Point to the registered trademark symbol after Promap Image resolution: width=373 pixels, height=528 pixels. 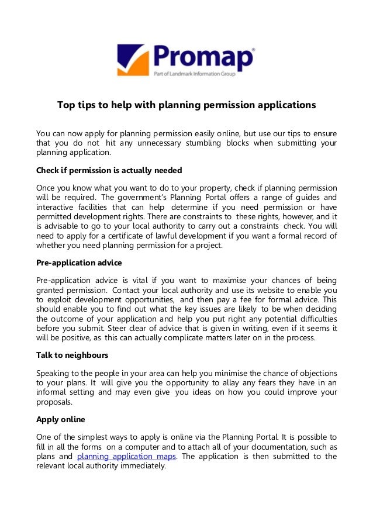click(253, 50)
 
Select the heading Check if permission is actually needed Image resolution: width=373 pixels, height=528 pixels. click(109, 171)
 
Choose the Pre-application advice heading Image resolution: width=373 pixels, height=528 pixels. click(79, 263)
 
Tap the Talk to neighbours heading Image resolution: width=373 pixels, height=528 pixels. click(72, 356)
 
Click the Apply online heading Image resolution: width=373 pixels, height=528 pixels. click(61, 419)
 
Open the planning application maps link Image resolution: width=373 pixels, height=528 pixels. click(126, 457)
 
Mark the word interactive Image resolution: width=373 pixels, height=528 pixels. click(54, 208)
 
